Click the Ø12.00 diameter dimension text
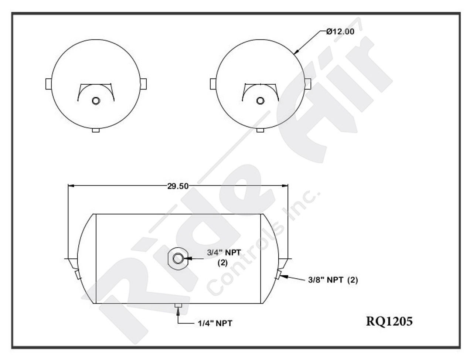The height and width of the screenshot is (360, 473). point(340,32)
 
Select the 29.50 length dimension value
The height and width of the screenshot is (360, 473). point(178,186)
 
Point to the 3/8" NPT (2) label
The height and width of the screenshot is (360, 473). point(333,280)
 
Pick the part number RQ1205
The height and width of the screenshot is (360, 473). point(389,321)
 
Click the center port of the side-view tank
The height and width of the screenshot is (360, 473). point(178,258)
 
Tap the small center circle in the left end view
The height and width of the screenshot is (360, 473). point(96,101)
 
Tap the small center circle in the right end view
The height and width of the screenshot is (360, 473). point(261,101)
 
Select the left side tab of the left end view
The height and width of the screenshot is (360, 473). point(48,84)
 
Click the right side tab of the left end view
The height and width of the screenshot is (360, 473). point(143,84)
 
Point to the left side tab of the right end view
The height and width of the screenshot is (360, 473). point(213,84)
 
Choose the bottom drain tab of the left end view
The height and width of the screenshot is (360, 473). point(96,130)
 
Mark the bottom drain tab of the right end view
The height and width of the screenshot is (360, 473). point(261,130)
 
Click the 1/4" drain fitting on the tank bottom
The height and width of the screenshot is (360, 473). point(178,305)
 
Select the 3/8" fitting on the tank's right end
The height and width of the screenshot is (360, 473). point(278,275)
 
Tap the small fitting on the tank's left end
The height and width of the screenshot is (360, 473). point(77,275)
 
